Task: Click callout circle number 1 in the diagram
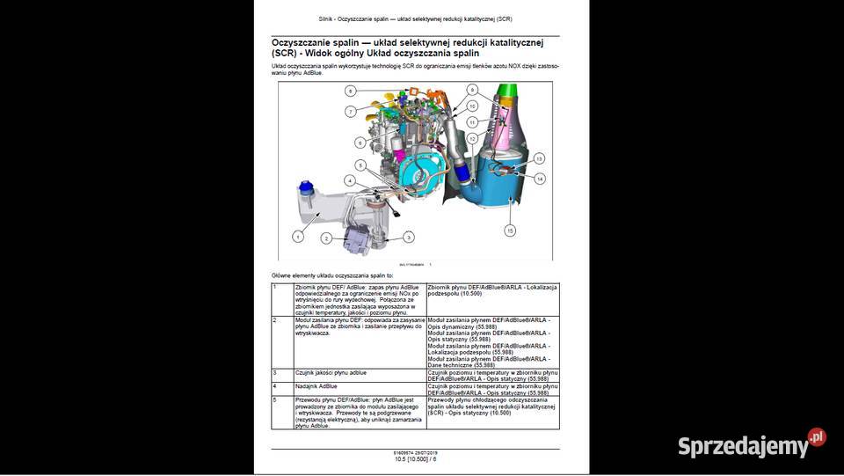(298, 236)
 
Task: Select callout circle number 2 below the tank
(325, 238)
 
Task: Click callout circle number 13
(540, 157)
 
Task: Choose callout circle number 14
(540, 179)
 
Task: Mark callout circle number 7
(350, 112)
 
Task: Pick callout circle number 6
(360, 143)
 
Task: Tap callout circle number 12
(472, 139)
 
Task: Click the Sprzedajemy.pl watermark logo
(751, 443)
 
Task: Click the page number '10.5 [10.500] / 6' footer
(415, 459)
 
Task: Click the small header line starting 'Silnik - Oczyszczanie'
(415, 18)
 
